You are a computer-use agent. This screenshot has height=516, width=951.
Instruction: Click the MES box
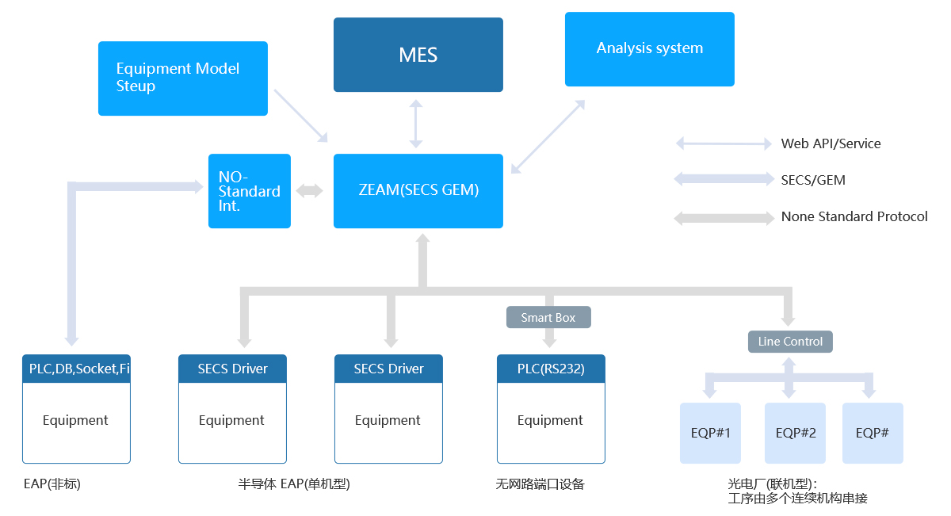point(418,55)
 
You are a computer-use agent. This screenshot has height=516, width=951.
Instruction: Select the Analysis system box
point(649,49)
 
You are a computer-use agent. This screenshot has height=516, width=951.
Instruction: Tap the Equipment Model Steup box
point(182,78)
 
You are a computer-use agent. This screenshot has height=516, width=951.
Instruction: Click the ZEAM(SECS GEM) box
point(418,191)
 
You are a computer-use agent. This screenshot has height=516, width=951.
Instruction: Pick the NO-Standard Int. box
point(249,191)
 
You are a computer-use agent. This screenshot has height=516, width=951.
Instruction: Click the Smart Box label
point(548,317)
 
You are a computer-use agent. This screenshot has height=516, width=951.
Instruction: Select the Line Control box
point(790,342)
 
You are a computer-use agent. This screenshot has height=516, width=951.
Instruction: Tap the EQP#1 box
point(710,433)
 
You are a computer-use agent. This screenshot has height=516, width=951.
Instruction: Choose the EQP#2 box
point(795,433)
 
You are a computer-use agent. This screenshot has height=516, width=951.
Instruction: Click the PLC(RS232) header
point(551,369)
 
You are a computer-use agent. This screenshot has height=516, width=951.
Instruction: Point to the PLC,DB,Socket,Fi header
point(76,369)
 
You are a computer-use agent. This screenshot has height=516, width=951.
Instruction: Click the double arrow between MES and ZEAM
point(415,124)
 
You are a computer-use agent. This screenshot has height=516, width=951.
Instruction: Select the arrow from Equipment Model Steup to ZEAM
point(300,116)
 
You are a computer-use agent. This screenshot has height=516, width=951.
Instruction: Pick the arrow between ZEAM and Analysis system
point(548,136)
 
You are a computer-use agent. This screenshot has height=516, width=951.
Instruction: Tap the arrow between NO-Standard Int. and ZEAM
point(310,191)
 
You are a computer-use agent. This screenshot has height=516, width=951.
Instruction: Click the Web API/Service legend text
point(831,143)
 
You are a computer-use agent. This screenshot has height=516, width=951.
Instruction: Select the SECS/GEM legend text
point(813,180)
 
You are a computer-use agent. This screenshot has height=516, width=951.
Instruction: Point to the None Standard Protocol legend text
point(854,216)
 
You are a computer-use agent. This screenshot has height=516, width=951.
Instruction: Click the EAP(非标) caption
point(52,484)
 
